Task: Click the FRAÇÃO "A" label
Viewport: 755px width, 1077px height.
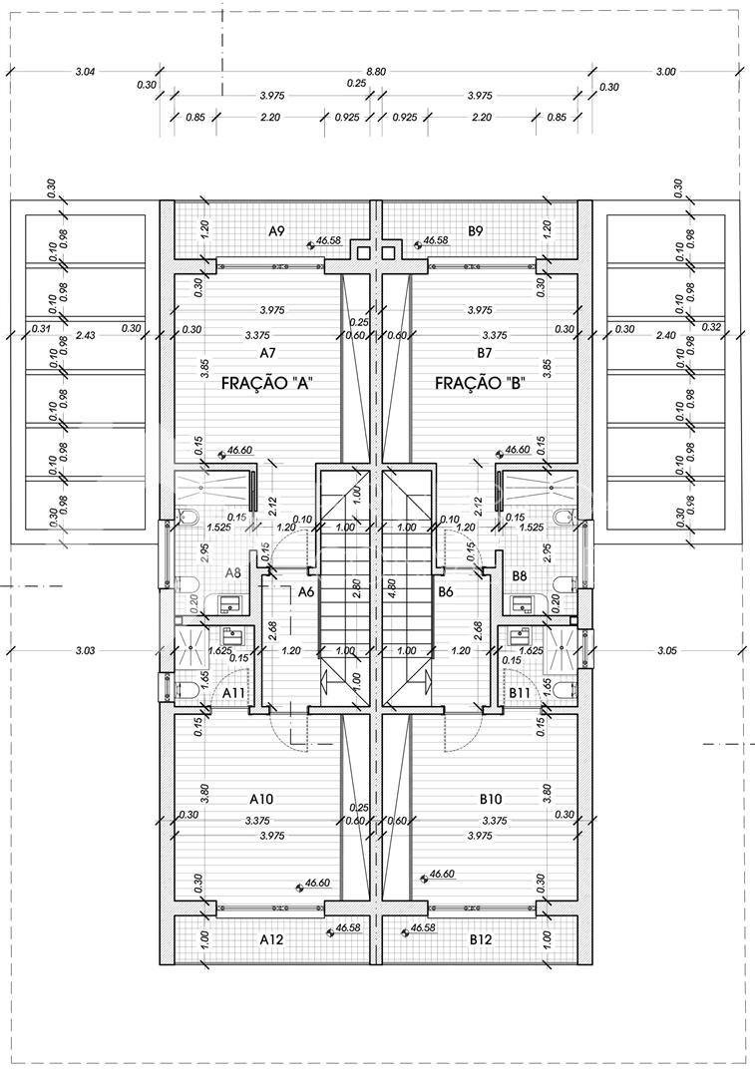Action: coord(267,383)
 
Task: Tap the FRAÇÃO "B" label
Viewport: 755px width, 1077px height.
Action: coord(480,383)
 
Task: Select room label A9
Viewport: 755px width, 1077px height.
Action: coord(277,231)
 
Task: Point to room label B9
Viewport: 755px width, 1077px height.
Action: coord(476,231)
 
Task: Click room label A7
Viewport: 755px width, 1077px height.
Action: coord(267,353)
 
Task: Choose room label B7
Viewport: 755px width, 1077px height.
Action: coord(485,353)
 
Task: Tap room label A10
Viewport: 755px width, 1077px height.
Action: coord(262,799)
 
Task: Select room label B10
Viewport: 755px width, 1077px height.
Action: coord(489,799)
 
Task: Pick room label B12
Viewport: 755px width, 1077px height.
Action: coord(481,939)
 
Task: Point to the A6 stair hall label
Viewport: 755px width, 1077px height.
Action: coord(307,591)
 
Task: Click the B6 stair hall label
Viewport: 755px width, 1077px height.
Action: coord(446,591)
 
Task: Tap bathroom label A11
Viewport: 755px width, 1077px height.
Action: coord(234,692)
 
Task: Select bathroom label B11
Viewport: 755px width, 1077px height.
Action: coord(520,692)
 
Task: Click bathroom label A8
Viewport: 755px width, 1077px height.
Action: coord(232,572)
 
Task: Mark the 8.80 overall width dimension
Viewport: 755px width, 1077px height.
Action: coord(376,71)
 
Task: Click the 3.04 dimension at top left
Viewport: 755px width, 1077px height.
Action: coord(85,71)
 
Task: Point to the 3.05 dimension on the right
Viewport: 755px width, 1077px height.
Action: coord(667,650)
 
